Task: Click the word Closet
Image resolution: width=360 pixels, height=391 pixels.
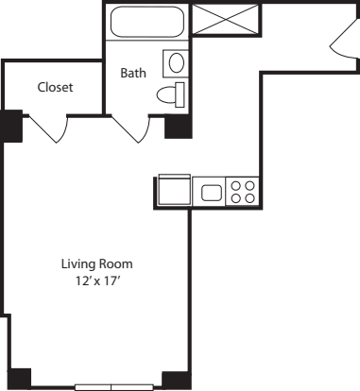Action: [55, 87]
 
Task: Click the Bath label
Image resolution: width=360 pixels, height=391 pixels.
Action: [132, 72]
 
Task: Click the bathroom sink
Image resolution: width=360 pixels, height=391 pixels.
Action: [175, 63]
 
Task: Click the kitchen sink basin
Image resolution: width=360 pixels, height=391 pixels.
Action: [212, 193]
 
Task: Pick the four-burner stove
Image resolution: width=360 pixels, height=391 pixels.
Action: [242, 192]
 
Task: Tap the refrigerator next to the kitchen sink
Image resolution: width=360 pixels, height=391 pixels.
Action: [175, 190]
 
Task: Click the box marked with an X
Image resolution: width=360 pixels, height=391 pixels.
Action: [224, 19]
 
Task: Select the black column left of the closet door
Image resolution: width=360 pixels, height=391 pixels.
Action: [11, 126]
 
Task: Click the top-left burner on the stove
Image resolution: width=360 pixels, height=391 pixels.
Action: [236, 186]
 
